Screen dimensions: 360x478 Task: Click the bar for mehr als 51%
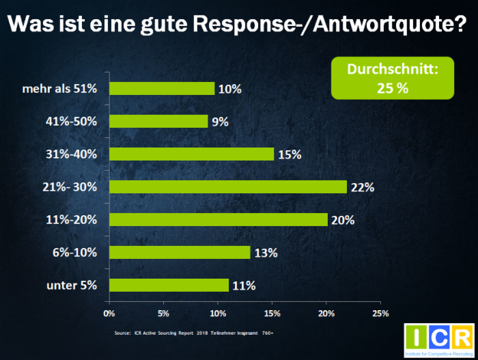click(162, 88)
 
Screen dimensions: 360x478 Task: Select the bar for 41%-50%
click(158, 121)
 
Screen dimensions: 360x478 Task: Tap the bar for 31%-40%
click(191, 154)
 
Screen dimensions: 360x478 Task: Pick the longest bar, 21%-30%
click(228, 186)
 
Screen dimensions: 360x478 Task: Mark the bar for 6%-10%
click(180, 252)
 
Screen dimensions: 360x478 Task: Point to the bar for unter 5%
click(169, 285)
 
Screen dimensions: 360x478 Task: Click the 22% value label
click(362, 187)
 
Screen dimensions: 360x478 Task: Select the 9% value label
click(220, 122)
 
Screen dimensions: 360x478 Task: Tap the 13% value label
click(266, 253)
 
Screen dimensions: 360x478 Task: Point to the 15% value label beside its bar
click(290, 154)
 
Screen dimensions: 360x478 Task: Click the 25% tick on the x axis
click(380, 314)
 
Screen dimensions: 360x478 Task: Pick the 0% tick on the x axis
click(109, 314)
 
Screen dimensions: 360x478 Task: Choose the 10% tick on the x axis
click(217, 314)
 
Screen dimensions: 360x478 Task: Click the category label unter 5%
click(72, 285)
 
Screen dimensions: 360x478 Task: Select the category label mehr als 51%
click(60, 88)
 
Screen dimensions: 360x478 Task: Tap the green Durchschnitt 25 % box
click(393, 78)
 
